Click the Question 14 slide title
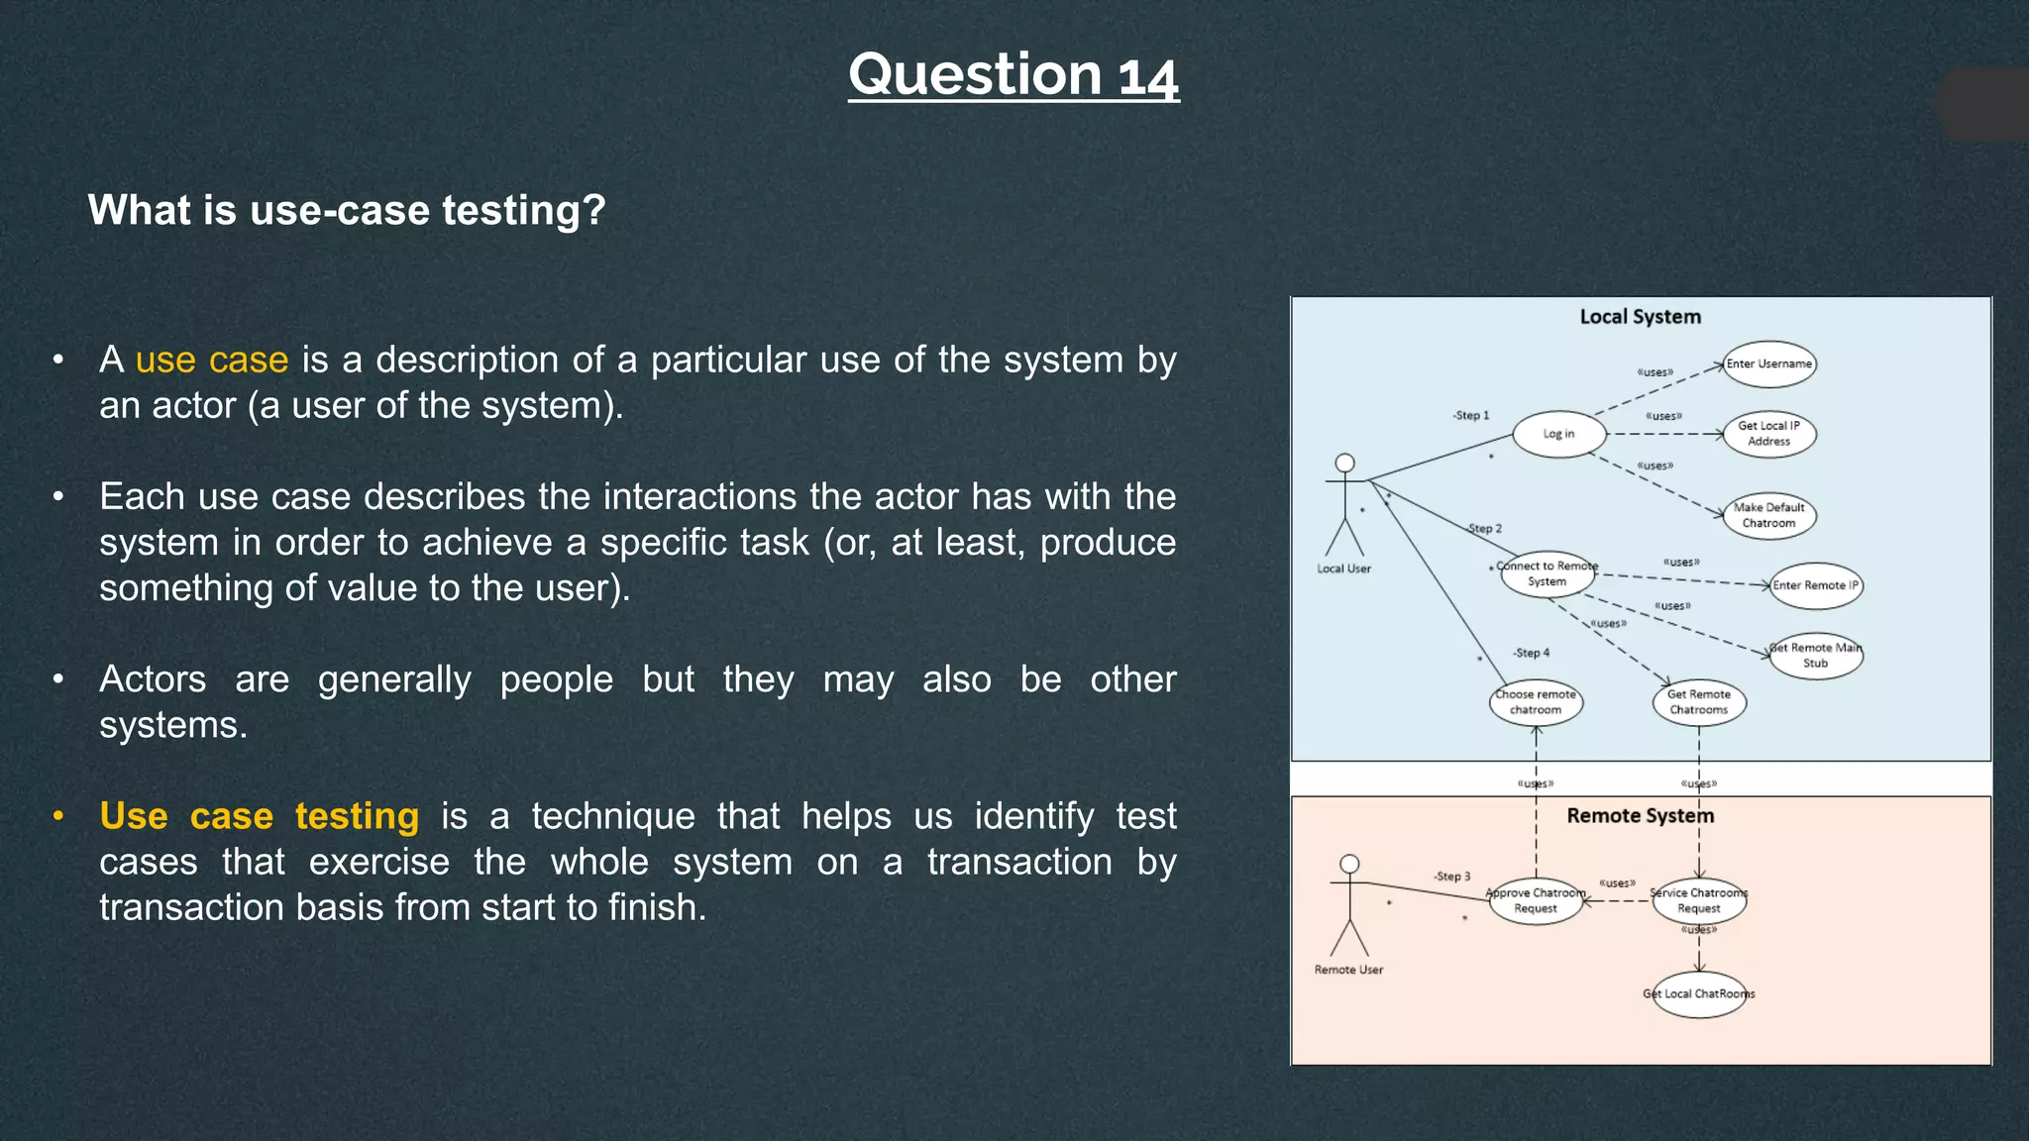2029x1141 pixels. pos(1014,75)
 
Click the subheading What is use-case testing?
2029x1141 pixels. pos(347,210)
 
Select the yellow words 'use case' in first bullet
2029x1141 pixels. pos(212,360)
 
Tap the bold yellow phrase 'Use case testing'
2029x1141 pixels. pos(260,816)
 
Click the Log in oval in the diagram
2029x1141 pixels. pos(1558,434)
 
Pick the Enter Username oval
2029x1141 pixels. pos(1768,364)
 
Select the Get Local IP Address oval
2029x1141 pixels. pos(1768,434)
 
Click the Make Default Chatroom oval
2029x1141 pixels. pos(1768,516)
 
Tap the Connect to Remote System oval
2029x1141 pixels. pos(1548,573)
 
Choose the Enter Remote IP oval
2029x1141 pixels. pos(1815,585)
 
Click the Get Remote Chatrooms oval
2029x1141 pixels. pos(1698,702)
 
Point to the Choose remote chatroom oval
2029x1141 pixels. pos(1536,702)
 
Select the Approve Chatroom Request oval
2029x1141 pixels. pos(1536,900)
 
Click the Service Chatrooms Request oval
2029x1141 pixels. pos(1698,900)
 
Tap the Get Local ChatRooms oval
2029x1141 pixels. pos(1698,994)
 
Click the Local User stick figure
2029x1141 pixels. pos(1344,505)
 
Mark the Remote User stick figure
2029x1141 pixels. pos(1349,906)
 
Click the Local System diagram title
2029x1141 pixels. pos(1640,317)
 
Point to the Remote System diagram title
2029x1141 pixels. pos(1640,816)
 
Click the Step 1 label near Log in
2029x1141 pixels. pos(1471,415)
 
